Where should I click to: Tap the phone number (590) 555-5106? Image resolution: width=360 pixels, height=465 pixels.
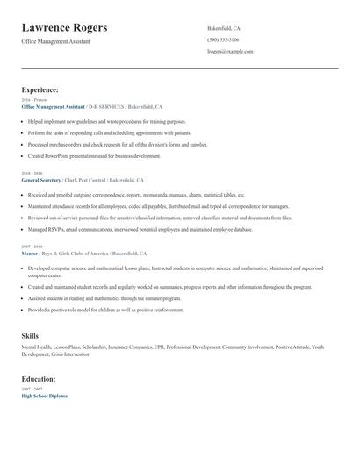coord(223,39)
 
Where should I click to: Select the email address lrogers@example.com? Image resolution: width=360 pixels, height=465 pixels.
coord(230,52)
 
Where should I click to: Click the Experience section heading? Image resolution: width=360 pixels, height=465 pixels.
coord(40,89)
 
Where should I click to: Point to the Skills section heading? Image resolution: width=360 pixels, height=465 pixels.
coord(30,336)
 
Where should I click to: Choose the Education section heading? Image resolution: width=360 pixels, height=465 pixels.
coord(40,379)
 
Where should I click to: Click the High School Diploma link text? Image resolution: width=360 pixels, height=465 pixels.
coord(44,396)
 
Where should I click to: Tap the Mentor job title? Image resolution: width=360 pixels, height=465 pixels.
coord(30,253)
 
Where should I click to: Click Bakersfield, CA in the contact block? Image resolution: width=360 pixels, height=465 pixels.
coord(224,28)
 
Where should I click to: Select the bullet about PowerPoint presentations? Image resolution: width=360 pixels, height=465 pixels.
coord(94,156)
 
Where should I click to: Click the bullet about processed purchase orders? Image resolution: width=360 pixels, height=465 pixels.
coord(118,145)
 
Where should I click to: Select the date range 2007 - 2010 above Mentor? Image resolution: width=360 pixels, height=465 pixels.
coord(32,247)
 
